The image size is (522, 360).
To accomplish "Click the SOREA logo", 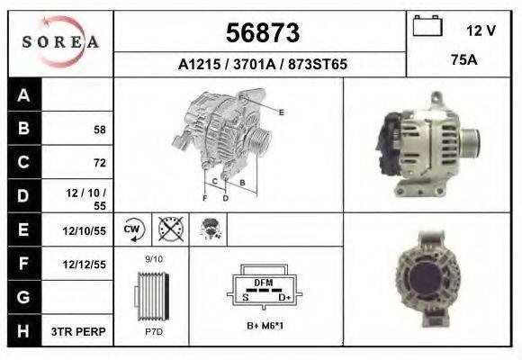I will point(59,40).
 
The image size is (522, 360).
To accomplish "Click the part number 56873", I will point(261,33).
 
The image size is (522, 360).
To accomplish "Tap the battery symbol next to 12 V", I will point(427,28).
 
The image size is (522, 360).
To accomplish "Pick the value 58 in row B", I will point(99,130).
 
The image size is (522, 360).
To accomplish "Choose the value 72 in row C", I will point(99,164).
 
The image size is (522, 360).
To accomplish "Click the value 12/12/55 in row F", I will point(85,265).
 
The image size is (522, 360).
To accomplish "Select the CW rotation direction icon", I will point(132,229).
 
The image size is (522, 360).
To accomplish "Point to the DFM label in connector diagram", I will point(263,283).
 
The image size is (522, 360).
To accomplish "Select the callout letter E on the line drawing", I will point(282,112).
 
